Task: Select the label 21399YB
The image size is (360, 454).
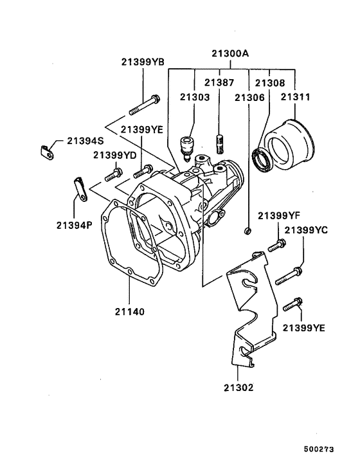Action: click(x=143, y=62)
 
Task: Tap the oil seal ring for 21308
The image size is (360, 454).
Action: click(x=262, y=159)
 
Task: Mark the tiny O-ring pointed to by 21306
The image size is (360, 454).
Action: click(x=248, y=230)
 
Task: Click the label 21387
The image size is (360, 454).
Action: click(x=219, y=82)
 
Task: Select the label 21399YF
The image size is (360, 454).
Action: click(x=279, y=215)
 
